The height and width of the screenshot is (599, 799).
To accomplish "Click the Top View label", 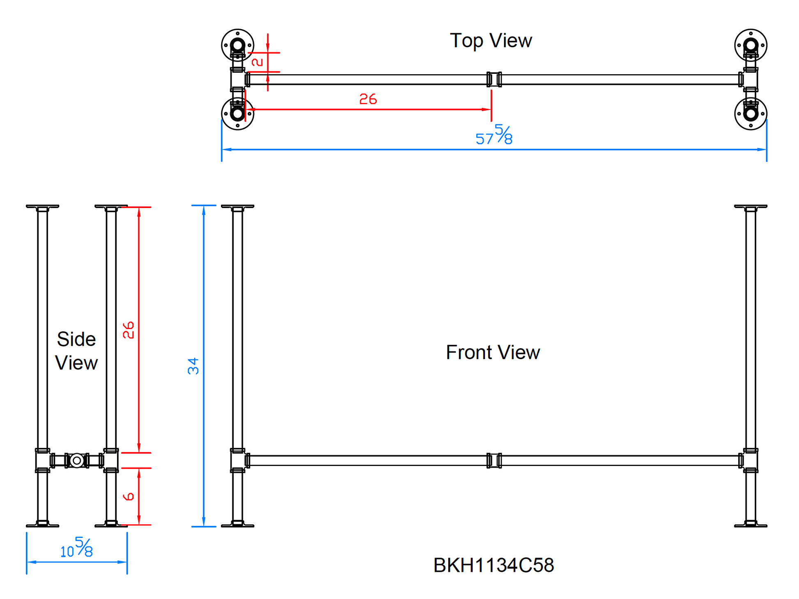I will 491,41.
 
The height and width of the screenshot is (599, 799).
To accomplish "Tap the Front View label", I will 493,352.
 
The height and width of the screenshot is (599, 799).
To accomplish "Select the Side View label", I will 76,351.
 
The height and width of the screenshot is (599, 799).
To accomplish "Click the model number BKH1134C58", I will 494,565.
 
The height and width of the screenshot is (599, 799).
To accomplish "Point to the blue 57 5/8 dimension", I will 494,135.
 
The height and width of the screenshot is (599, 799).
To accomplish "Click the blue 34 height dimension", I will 193,366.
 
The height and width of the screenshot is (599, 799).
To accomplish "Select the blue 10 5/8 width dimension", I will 77,548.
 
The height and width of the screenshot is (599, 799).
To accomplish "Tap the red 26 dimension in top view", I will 368,99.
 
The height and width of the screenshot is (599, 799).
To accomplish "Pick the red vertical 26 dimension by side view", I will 129,330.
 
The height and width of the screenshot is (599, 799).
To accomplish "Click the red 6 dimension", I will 129,496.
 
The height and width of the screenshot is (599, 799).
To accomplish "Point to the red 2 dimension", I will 257,62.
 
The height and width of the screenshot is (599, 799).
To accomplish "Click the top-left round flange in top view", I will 238,45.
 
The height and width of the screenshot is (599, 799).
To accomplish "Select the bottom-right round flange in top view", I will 751,114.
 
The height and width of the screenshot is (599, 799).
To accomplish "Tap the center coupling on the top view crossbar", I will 494,79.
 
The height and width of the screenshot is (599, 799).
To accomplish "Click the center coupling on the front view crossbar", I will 494,461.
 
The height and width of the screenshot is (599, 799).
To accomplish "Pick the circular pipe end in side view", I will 77,461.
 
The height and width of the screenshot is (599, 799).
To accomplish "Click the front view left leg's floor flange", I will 238,525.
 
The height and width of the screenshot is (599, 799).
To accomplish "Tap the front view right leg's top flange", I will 751,206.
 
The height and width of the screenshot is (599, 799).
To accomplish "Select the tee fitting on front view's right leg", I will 751,461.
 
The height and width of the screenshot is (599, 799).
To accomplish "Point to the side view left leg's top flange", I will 43,206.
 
